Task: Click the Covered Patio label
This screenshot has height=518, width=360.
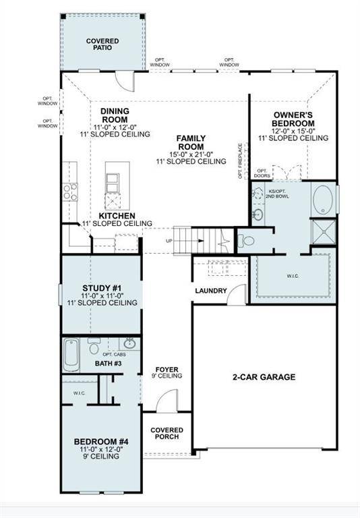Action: (x=102, y=45)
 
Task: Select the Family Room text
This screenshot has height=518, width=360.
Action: (x=191, y=142)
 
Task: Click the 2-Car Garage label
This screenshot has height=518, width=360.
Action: (x=264, y=377)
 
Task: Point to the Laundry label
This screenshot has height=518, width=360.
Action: (x=210, y=291)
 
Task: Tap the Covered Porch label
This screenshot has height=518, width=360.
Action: (x=167, y=434)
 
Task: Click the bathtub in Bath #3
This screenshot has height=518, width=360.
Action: (x=71, y=354)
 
